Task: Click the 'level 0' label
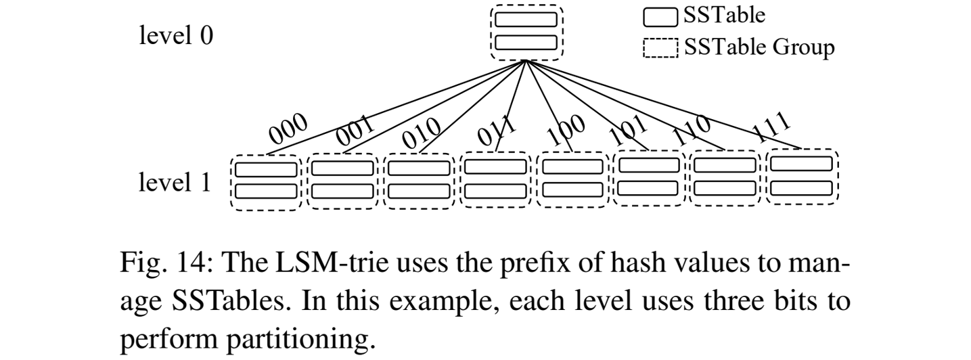175,36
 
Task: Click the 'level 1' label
175,183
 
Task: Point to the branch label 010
421,132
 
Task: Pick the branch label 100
565,131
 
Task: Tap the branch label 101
628,129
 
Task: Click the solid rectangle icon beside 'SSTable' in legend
660,16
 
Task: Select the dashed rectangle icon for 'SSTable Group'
660,47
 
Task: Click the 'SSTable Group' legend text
759,47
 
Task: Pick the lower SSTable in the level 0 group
526,42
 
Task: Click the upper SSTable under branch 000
265,168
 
